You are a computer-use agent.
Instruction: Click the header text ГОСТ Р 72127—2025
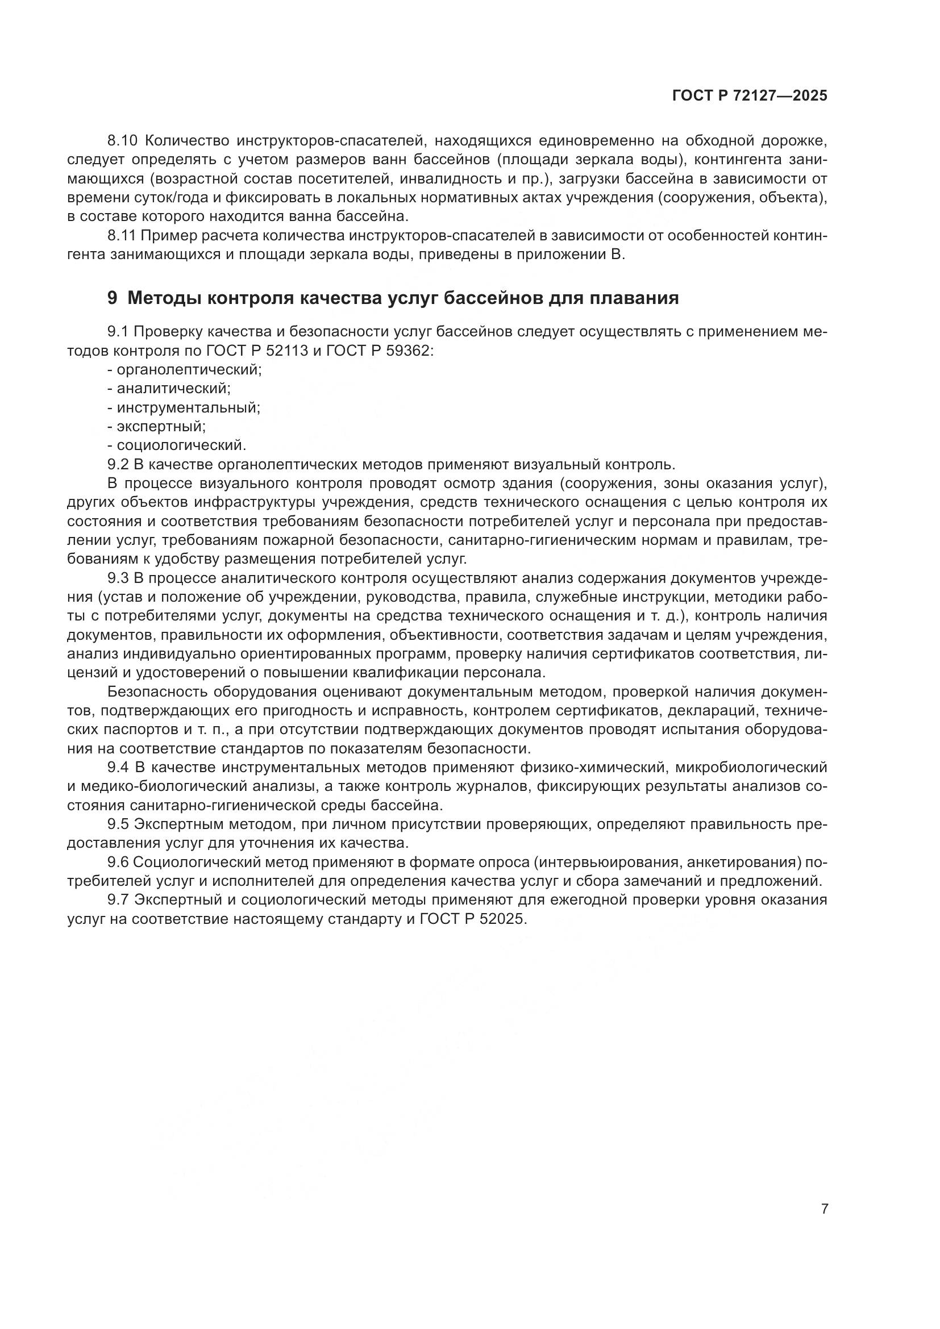pyautogui.click(x=750, y=96)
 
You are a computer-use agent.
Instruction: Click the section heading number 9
pyautogui.click(x=113, y=298)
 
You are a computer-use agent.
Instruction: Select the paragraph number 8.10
pyautogui.click(x=122, y=141)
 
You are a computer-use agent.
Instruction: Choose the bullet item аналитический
pyautogui.click(x=174, y=389)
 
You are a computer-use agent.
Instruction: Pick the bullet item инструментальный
pyautogui.click(x=188, y=407)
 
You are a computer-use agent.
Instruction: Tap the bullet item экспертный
pyautogui.click(x=161, y=427)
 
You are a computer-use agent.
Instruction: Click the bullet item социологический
pyautogui.click(x=181, y=445)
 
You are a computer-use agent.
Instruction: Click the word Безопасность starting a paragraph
pyautogui.click(x=158, y=691)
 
